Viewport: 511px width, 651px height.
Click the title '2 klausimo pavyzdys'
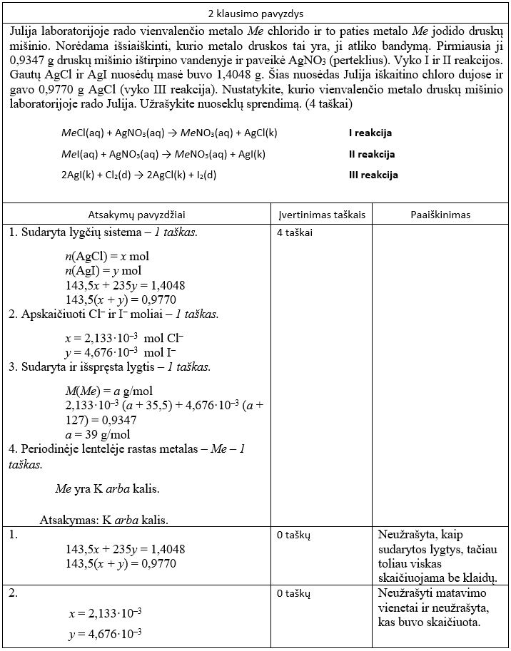click(x=255, y=13)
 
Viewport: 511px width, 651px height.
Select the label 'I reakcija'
click(x=370, y=133)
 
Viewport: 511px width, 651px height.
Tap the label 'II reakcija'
click(x=371, y=154)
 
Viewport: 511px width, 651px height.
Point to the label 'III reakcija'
click(x=373, y=175)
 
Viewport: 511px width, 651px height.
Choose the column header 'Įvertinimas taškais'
click(x=320, y=214)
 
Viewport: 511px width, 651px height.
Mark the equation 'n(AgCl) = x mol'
click(x=107, y=256)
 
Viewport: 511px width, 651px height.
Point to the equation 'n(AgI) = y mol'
click(x=103, y=270)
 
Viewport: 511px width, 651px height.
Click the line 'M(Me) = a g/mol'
click(x=108, y=391)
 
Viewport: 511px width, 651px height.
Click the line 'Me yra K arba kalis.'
click(x=107, y=489)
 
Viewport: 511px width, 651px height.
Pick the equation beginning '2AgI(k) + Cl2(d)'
click(x=138, y=175)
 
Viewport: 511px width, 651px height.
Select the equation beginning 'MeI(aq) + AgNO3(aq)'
click(x=163, y=154)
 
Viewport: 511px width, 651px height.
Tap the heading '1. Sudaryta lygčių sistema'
click(x=103, y=233)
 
